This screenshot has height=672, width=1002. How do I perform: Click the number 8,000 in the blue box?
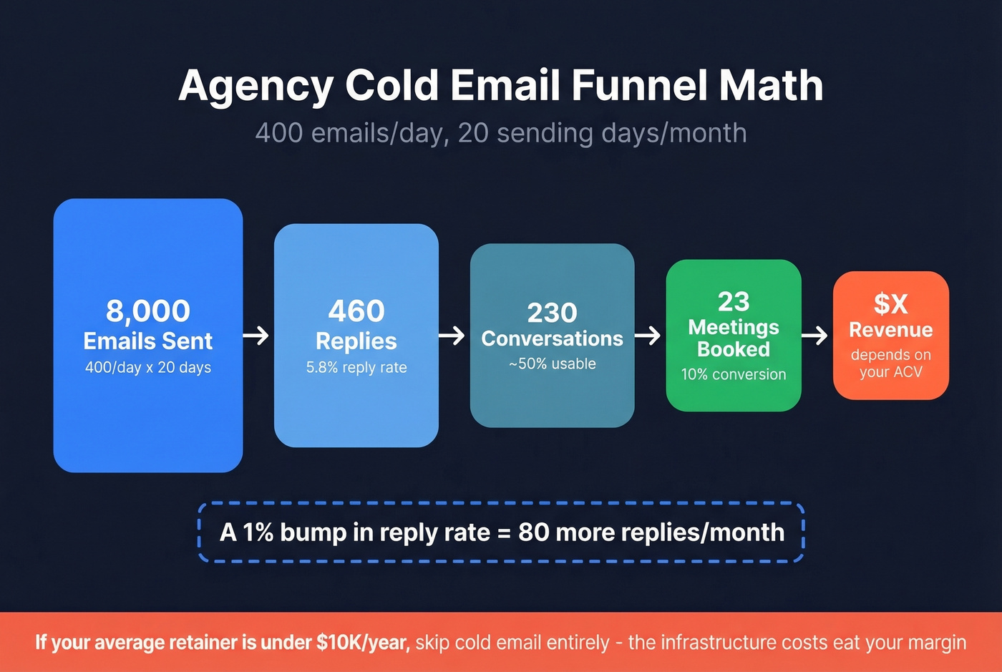tap(148, 311)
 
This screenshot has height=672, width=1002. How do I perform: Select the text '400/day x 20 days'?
tap(148, 367)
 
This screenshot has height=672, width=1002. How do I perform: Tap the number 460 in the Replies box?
tap(356, 311)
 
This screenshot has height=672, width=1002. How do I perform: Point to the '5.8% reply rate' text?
tap(356, 367)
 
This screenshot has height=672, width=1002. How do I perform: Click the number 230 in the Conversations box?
tap(552, 313)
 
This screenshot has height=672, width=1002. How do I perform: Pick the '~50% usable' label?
tap(552, 364)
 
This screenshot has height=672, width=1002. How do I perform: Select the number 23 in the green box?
tap(734, 301)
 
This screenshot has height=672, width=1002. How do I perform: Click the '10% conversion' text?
tap(734, 374)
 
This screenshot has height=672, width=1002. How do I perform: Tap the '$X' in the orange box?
tap(890, 303)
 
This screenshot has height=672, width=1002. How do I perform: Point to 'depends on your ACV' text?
tap(890, 364)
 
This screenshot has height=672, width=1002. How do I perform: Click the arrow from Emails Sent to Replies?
tap(256, 335)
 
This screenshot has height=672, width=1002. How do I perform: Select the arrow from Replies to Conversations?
tap(452, 335)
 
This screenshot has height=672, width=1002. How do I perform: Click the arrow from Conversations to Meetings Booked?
tap(648, 335)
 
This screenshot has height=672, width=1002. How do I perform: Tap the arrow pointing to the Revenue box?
tap(815, 335)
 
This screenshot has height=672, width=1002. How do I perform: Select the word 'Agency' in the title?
tap(256, 87)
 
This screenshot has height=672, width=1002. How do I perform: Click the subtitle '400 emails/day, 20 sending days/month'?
tap(501, 133)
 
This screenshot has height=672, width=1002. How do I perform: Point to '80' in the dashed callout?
tap(533, 532)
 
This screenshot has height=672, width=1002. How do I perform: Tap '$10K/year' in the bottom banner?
tap(363, 642)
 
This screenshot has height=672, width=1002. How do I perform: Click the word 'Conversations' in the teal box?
tap(552, 339)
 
